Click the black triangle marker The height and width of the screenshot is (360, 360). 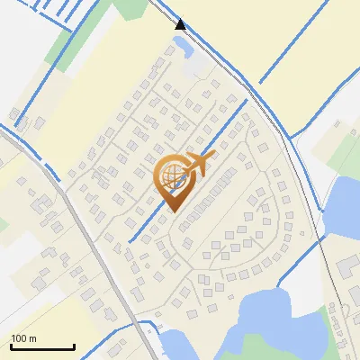[x=181, y=24]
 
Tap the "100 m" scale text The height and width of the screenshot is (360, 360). [x=24, y=338]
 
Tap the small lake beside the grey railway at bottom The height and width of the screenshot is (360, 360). [x=173, y=345]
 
